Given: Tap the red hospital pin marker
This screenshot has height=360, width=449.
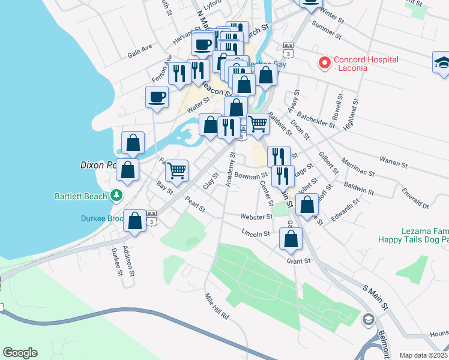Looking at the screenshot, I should pos(325,62).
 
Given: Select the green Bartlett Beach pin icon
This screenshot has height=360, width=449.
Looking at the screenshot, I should pos(116,196).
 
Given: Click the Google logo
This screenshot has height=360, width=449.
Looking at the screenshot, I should pos(20,353).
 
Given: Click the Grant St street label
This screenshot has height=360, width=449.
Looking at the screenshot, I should pos(298,261).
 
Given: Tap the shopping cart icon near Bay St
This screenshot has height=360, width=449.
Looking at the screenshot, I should pos(176,170).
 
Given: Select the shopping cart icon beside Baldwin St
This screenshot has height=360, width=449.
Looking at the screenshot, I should pos(258,124).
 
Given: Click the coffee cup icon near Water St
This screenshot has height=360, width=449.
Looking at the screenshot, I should pos(157,97).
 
